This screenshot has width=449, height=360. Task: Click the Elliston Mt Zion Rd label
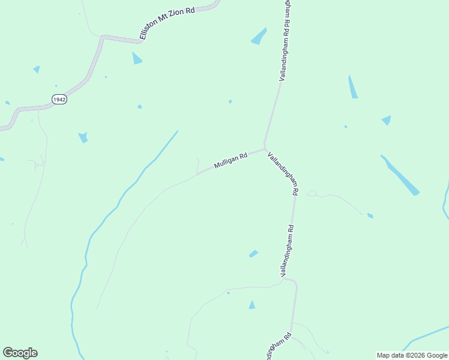[168, 25]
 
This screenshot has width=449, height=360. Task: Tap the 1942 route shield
[59, 100]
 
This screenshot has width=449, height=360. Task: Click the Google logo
[20, 353]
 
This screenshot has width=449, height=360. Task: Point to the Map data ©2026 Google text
[412, 355]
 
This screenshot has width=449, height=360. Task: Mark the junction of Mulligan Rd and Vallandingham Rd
[264, 148]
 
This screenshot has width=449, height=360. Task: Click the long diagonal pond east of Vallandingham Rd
[400, 175]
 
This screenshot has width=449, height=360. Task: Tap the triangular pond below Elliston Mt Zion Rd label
[137, 59]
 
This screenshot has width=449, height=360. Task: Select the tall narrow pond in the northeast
[353, 88]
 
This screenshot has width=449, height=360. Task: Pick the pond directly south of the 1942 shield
[83, 137]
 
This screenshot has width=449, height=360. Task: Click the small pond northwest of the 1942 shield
[37, 69]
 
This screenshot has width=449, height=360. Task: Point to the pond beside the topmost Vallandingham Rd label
[259, 36]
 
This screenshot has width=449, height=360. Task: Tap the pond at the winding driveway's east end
[370, 215]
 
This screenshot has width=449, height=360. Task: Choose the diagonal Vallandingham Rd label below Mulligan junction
[283, 174]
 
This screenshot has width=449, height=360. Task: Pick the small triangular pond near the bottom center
[252, 305]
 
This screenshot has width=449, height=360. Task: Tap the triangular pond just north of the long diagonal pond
[387, 120]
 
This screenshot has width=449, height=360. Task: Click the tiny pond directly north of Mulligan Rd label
[231, 101]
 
